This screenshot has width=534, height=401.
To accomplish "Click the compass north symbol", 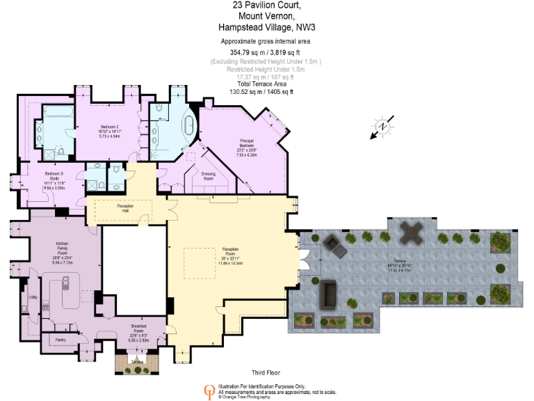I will pyautogui.click(x=382, y=127).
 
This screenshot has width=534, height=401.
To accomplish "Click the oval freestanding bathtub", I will pyautogui.click(x=188, y=126).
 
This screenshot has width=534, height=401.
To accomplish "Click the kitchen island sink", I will pyautogui.click(x=65, y=283).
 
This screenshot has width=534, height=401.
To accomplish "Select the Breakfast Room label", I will pyautogui.click(x=138, y=328).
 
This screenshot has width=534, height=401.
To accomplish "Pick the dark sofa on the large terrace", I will pyautogui.click(x=327, y=294).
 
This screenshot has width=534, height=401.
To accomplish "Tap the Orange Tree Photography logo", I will pyautogui.click(x=208, y=391).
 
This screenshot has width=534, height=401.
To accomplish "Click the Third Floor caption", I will pyautogui.click(x=266, y=373).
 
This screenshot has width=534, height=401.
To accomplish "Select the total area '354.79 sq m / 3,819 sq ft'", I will pyautogui.click(x=266, y=52).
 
